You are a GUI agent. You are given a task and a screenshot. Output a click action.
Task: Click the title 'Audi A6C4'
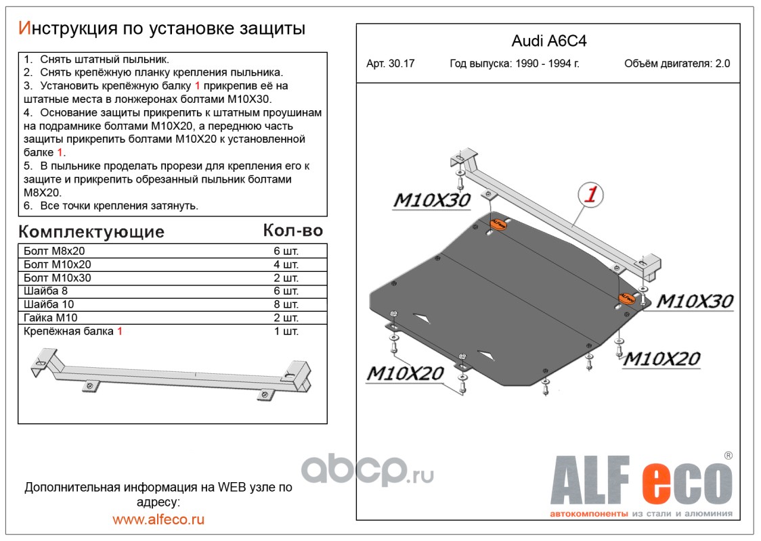[548, 41]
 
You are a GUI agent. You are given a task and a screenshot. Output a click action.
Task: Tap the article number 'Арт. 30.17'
[390, 64]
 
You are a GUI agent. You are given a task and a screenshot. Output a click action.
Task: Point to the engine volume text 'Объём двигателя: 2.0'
[677, 64]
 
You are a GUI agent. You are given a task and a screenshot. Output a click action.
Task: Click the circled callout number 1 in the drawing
[590, 195]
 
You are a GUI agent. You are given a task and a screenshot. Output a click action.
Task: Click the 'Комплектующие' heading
[91, 232]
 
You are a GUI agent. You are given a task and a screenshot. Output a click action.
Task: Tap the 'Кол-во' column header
[292, 231]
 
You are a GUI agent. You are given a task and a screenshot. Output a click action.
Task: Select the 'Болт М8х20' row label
[53, 251]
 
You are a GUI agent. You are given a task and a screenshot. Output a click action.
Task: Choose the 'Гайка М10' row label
[51, 318]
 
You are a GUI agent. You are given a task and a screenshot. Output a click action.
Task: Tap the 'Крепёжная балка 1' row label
[73, 331]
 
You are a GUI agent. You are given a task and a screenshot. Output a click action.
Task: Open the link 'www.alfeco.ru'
[158, 519]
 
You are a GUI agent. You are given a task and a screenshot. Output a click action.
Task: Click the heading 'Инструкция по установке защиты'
[162, 28]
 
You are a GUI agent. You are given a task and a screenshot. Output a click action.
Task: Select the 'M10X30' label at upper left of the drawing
[432, 200]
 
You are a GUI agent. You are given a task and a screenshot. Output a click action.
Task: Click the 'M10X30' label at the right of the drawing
[694, 301]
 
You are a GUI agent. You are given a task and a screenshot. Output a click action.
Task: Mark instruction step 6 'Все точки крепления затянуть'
[112, 206]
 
